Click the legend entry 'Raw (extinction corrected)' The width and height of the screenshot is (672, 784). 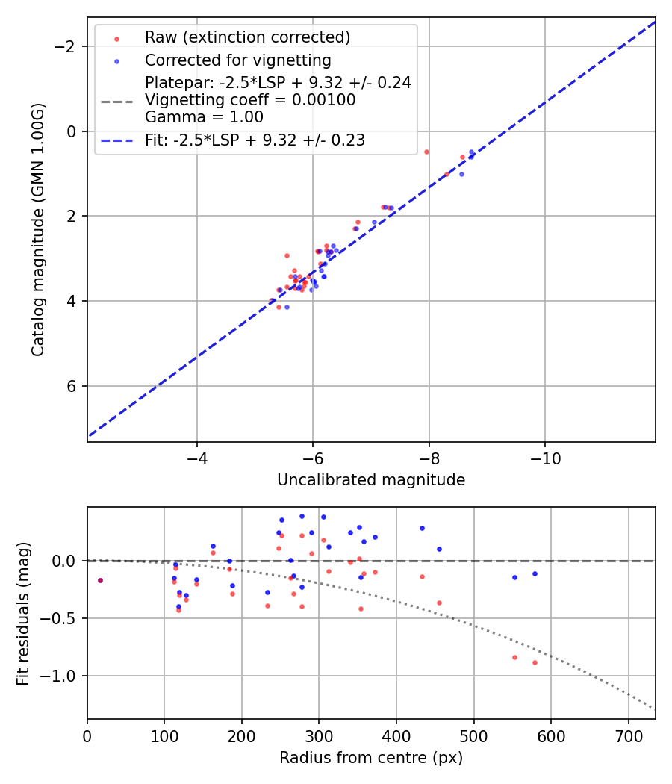[247, 37]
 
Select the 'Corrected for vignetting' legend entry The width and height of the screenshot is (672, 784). [237, 60]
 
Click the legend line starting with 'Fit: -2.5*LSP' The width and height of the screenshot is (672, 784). [255, 140]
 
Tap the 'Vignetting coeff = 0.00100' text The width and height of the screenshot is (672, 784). [250, 100]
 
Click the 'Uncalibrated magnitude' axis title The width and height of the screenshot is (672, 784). [371, 480]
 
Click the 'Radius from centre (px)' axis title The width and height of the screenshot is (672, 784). [371, 758]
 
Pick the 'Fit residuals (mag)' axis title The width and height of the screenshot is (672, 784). [23, 613]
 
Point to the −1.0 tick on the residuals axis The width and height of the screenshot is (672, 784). [63, 676]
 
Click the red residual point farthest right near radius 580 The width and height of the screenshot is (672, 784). [535, 662]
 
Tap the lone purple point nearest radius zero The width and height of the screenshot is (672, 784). [100, 580]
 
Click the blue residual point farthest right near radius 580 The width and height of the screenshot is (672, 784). [535, 573]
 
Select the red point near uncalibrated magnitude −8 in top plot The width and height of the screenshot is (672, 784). [426, 152]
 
